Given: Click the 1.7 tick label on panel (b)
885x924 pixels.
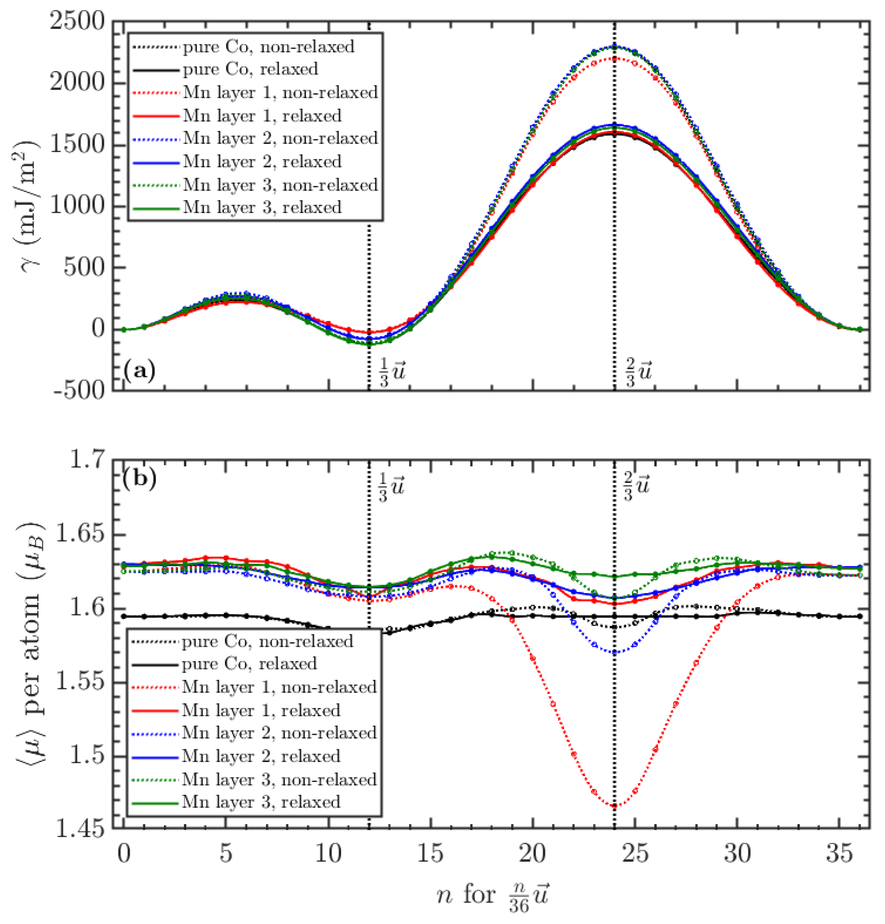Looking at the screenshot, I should tap(88, 460).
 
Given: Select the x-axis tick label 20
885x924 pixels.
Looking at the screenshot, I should tap(532, 853).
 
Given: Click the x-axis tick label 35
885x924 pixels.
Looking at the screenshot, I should tap(839, 853).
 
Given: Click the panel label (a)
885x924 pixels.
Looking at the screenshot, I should tap(139, 371).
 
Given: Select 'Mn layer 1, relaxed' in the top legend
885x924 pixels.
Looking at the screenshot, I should tap(262, 116).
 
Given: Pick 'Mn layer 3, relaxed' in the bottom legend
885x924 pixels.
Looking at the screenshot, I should tap(261, 801).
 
